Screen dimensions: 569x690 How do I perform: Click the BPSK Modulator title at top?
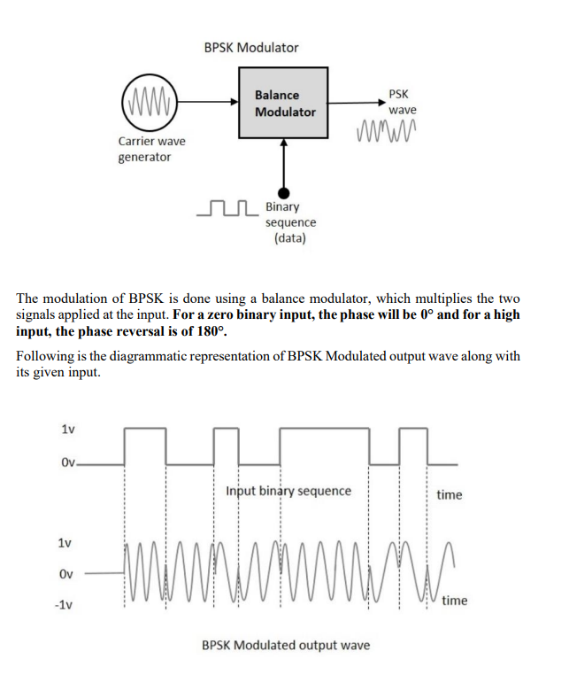click(x=251, y=47)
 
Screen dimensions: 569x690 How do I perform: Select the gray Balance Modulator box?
click(x=284, y=103)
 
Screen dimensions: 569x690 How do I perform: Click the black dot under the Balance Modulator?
click(x=284, y=192)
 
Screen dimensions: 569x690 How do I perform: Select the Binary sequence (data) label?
click(x=290, y=222)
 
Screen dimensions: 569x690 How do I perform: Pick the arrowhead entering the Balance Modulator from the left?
click(x=234, y=103)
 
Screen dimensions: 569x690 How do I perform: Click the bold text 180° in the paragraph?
click(x=210, y=332)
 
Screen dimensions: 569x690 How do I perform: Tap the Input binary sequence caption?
click(x=288, y=491)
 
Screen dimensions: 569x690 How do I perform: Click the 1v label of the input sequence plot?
click(x=67, y=429)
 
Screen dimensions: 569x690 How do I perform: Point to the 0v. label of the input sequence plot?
click(x=70, y=462)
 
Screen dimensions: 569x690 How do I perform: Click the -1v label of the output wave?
click(x=64, y=605)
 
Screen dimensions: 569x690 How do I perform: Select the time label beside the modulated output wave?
click(x=455, y=601)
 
